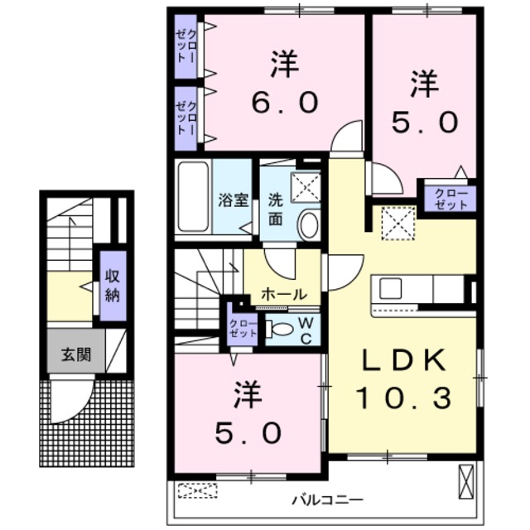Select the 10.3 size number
tap(403, 399)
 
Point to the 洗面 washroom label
tap(276, 211)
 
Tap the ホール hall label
tap(284, 295)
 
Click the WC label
tap(305, 329)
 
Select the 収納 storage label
tap(111, 284)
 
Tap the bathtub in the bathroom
tap(194, 197)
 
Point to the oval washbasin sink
tap(308, 224)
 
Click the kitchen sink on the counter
tap(391, 289)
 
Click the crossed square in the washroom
tap(306, 187)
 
